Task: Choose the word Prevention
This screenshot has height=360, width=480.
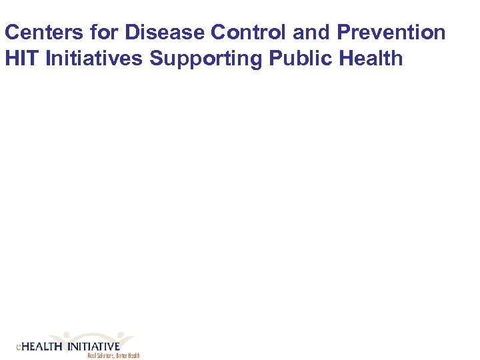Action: [391, 33]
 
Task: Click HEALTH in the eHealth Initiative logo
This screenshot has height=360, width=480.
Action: [43, 347]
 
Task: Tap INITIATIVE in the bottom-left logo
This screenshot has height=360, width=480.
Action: [93, 347]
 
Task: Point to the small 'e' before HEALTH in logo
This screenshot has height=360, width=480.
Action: [19, 348]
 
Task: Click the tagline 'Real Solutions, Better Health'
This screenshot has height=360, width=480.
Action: [113, 356]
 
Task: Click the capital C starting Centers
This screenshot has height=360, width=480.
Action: [11, 33]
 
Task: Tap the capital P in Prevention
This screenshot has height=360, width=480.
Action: [345, 33]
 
